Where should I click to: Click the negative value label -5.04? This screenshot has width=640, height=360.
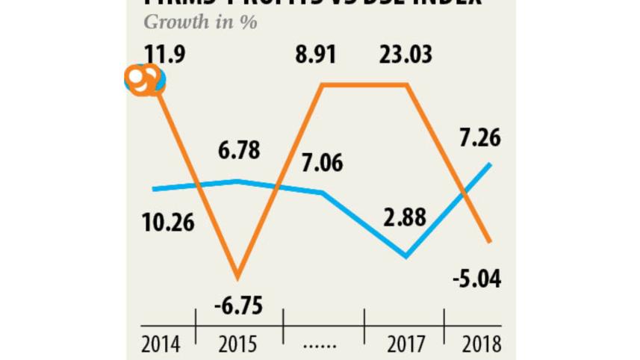point(476,279)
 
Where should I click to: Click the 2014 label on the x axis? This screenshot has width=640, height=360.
point(161,344)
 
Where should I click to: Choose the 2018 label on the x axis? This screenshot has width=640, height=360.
point(481,344)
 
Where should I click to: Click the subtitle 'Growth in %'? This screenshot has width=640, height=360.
point(200,22)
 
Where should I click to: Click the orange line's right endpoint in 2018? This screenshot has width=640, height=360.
point(490,241)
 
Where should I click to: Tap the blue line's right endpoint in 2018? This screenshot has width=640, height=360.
point(490,164)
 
